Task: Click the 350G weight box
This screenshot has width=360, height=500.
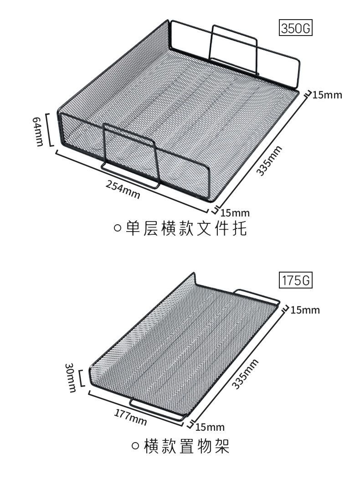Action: point(296,28)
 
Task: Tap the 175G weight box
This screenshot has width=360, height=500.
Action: point(296,280)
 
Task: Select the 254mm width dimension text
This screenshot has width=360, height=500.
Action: point(123,189)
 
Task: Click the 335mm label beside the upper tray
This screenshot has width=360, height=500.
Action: point(269,160)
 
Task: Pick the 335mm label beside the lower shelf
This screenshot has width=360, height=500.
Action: point(245,374)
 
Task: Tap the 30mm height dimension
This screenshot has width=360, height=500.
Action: point(70,377)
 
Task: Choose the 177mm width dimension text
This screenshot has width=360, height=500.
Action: point(130,417)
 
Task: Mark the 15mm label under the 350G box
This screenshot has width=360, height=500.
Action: point(327,95)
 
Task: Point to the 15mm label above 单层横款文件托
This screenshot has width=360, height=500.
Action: point(235,212)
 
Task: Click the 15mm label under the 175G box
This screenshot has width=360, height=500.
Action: point(305,309)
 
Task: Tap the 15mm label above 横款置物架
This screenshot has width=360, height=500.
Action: point(210,427)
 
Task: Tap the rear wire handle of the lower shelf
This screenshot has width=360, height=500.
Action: point(257,294)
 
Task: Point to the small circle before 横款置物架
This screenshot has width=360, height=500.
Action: point(135,446)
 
